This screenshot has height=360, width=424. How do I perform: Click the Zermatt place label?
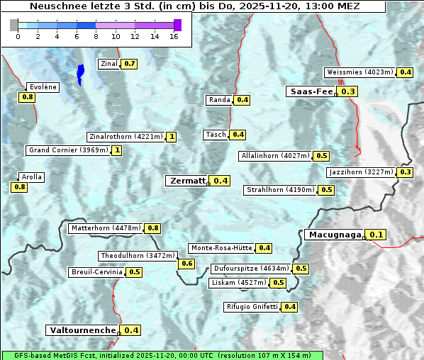[187, 181]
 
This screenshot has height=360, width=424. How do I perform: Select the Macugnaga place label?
[334, 235]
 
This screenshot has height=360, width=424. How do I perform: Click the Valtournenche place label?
[82, 330]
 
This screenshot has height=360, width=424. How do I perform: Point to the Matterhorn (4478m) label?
[105, 228]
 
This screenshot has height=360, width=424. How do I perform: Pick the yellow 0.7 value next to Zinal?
[129, 64]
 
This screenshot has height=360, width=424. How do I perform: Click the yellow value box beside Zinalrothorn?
[171, 137]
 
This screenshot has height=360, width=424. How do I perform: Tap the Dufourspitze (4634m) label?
[251, 269]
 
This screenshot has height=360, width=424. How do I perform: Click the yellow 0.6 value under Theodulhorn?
[186, 264]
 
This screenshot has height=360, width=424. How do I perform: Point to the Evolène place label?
[42, 87]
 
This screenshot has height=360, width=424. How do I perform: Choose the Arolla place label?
[32, 177]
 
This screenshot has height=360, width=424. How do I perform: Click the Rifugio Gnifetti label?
[252, 307]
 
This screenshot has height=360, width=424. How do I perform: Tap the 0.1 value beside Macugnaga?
[376, 235]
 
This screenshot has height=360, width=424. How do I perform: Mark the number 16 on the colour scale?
[174, 35]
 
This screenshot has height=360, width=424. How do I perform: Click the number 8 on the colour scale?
[100, 35]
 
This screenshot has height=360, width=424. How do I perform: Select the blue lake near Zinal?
[81, 73]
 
